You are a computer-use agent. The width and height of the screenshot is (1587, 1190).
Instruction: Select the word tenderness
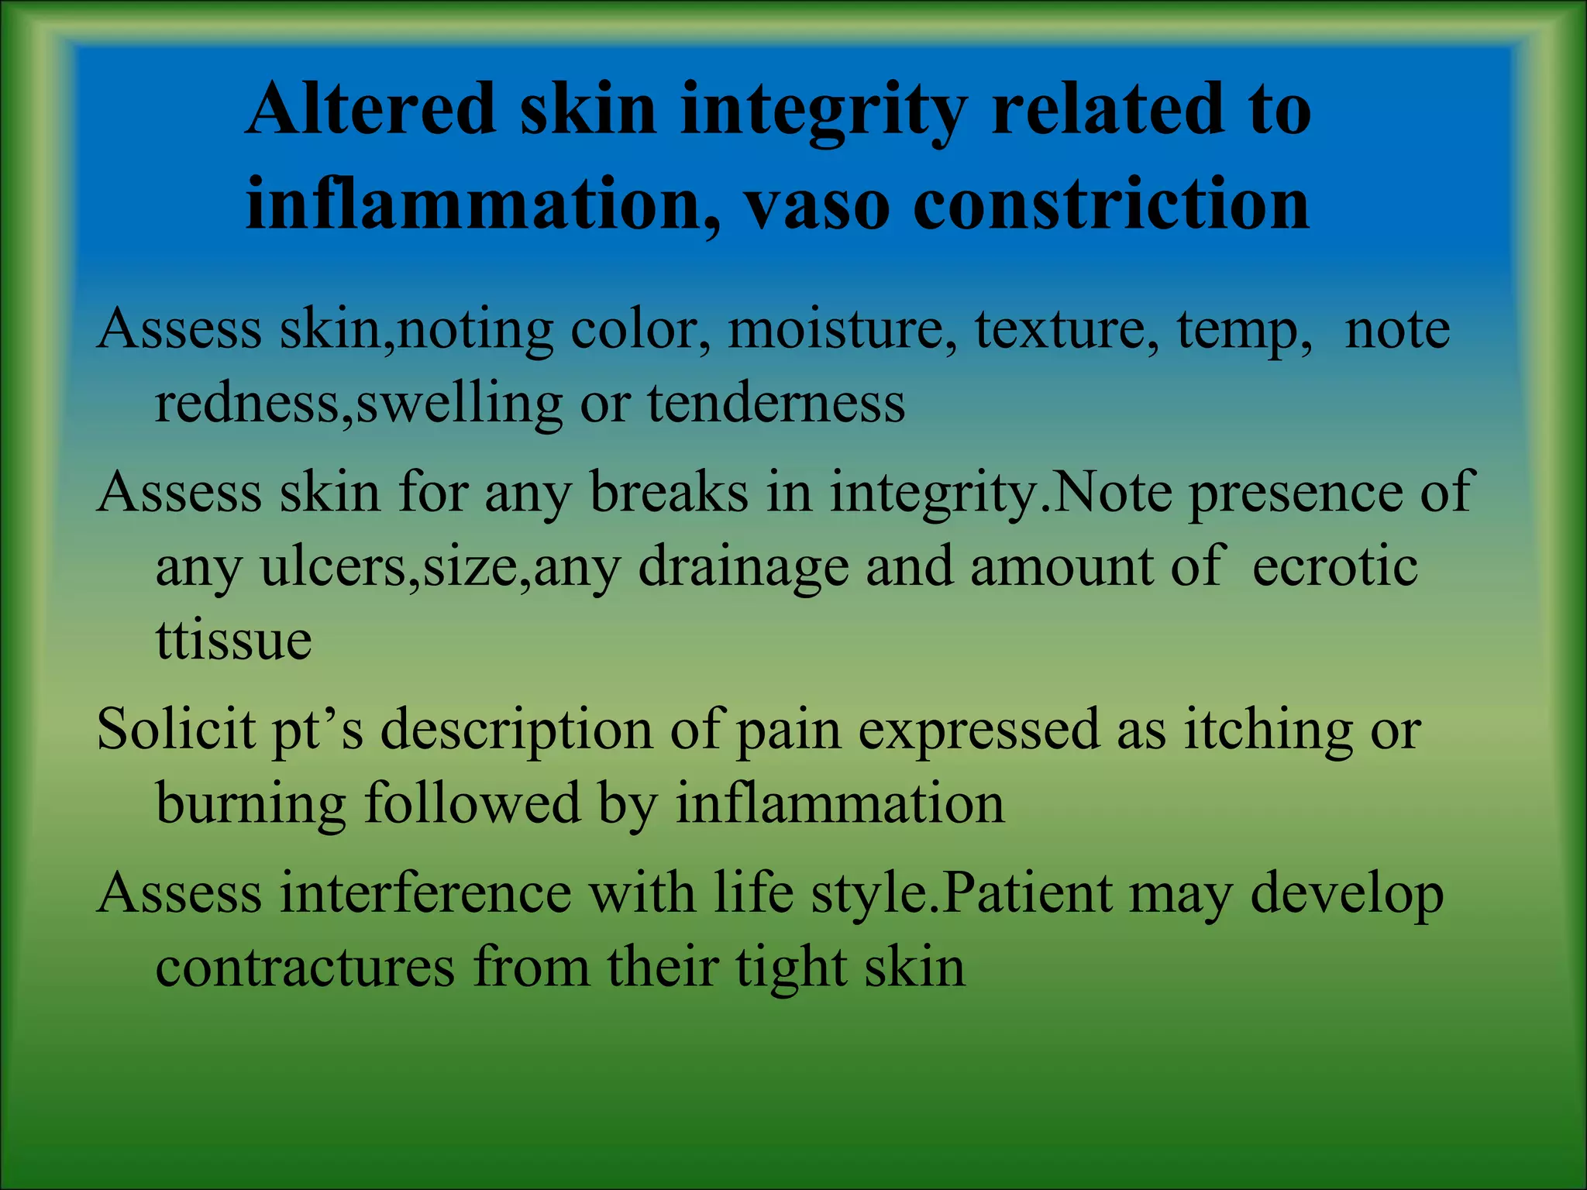point(776,403)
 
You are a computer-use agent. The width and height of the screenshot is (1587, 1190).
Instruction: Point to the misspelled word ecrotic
point(1334,566)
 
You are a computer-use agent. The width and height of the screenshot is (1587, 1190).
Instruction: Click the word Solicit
point(176,730)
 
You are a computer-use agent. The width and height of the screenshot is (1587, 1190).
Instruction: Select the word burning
point(250,804)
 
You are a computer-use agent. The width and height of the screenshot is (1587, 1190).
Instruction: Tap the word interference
point(425,893)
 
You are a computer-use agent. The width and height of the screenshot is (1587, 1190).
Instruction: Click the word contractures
point(305,967)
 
